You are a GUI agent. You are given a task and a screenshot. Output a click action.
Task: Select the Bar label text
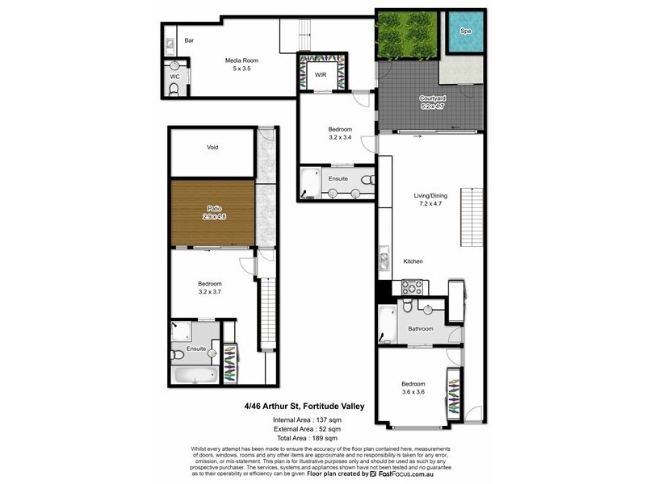pyautogui.click(x=189, y=40)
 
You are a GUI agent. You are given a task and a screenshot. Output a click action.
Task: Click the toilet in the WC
pyautogui.click(x=174, y=89)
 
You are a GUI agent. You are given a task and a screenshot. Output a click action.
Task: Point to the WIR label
pyautogui.click(x=320, y=75)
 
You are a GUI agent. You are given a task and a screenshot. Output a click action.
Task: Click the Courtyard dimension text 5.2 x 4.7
pyautogui.click(x=432, y=106)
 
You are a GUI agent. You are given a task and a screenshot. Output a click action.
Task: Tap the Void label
pyautogui.click(x=212, y=148)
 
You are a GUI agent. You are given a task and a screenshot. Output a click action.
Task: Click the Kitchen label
pyautogui.click(x=413, y=261)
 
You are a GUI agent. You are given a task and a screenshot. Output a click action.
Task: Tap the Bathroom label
pyautogui.click(x=421, y=328)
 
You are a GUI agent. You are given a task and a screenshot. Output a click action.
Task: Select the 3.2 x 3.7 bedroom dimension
pyautogui.click(x=210, y=291)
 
